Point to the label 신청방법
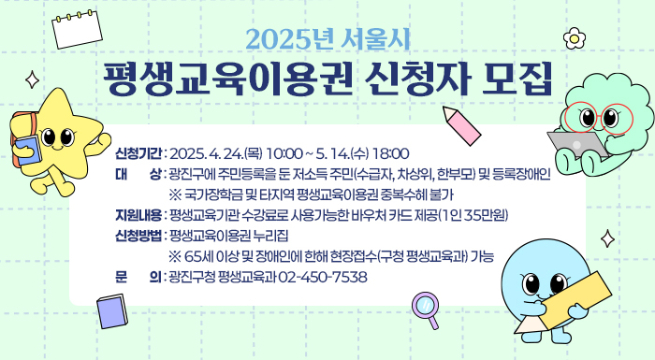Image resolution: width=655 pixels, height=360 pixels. click(x=139, y=236)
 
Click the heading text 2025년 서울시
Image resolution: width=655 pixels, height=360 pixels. click(x=327, y=41)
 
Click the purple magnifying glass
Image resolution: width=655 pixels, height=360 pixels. click(x=426, y=308)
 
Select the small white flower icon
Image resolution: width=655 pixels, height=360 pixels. click(x=575, y=39)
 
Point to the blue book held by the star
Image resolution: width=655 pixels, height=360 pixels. click(x=28, y=151)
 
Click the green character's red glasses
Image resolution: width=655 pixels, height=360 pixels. click(x=599, y=117)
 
